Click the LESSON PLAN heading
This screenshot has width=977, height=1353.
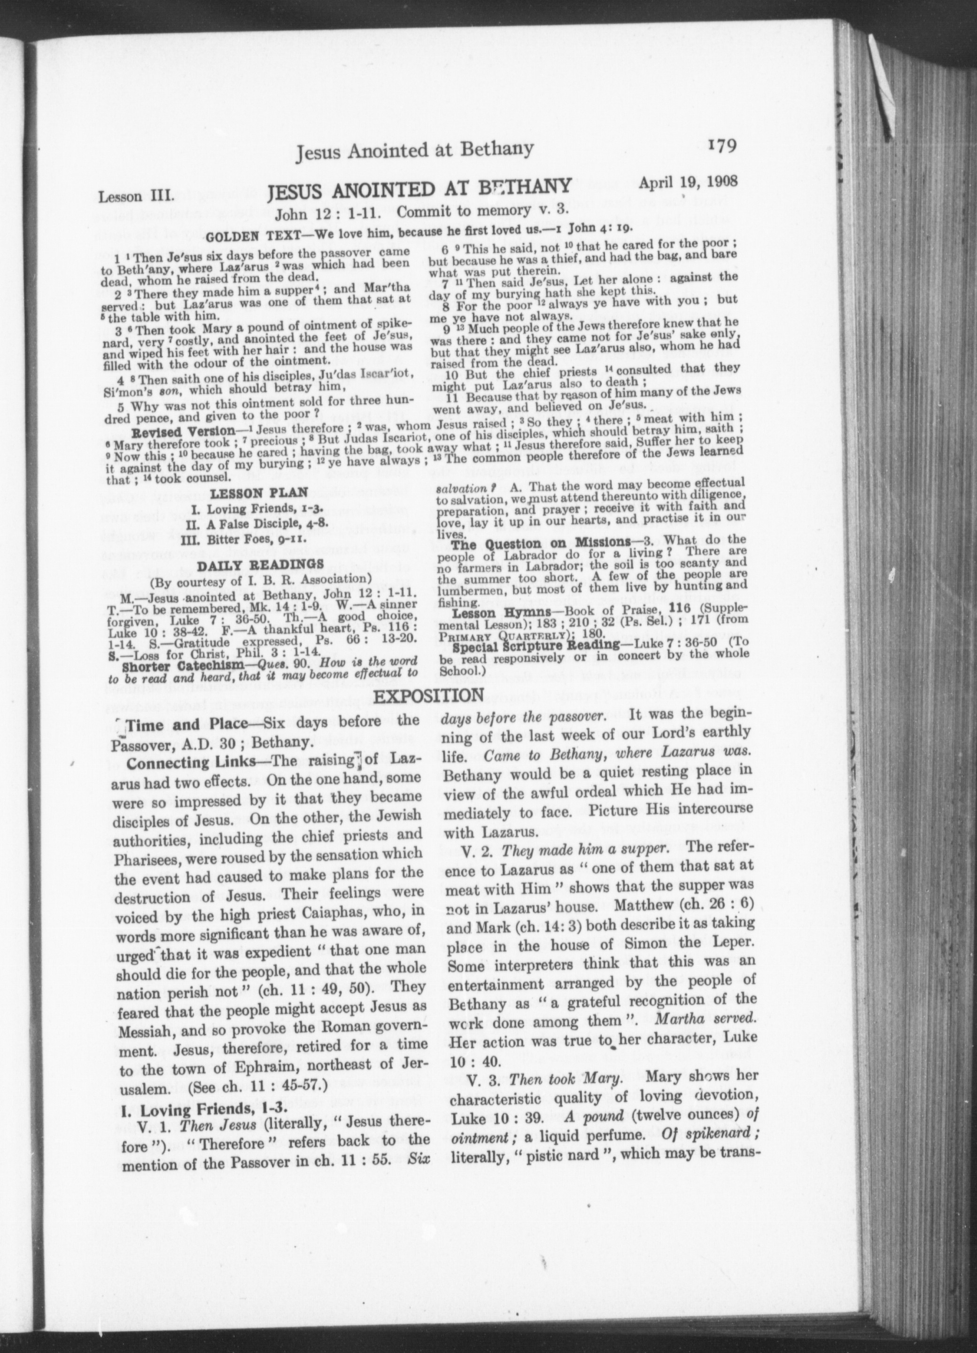pyautogui.click(x=259, y=493)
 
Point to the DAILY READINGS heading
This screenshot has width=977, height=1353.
pyautogui.click(x=260, y=564)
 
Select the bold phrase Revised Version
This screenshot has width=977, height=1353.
pyautogui.click(x=183, y=431)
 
